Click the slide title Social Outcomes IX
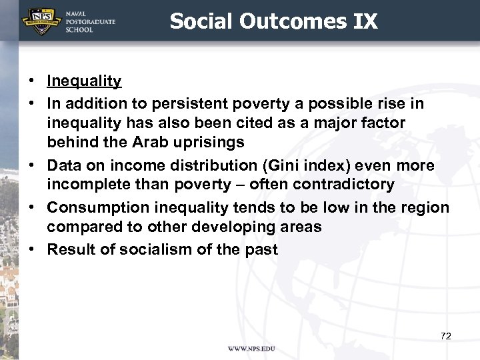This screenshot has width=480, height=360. click(x=273, y=21)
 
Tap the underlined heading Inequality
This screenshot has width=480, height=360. click(x=84, y=81)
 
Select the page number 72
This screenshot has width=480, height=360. click(x=446, y=336)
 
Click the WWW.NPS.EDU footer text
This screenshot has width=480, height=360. click(x=251, y=349)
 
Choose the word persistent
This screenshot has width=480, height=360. click(x=189, y=104)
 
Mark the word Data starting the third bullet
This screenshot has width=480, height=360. click(x=63, y=165)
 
